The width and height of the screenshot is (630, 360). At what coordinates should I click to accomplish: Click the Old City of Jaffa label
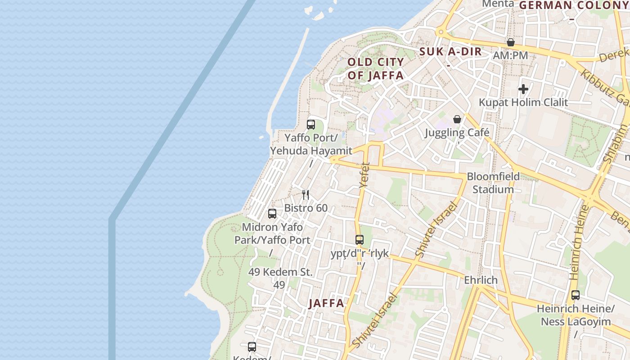[376, 69]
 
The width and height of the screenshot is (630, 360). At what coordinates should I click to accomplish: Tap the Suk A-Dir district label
[450, 52]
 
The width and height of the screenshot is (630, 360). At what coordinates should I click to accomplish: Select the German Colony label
[574, 5]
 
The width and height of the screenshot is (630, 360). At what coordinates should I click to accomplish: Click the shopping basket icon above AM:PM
[511, 42]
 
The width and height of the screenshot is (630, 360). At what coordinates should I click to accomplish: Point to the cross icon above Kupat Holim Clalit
[523, 89]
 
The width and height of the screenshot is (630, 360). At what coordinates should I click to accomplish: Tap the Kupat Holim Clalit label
[523, 102]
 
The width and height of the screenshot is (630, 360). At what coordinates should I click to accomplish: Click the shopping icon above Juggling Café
[457, 119]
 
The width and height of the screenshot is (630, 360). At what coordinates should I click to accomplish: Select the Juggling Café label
[457, 133]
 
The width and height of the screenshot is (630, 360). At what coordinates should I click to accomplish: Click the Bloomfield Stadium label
[493, 183]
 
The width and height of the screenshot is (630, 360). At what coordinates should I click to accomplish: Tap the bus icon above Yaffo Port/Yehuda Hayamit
[311, 125]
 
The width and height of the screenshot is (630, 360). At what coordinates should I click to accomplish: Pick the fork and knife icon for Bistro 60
[306, 194]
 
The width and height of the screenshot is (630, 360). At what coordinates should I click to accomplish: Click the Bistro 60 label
[306, 208]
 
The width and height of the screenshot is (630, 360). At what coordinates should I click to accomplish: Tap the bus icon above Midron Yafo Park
[272, 214]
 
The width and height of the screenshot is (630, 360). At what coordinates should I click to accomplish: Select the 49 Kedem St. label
[280, 272]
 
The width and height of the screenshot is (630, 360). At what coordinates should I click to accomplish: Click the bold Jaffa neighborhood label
[327, 303]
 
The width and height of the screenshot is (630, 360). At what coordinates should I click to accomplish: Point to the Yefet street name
[364, 175]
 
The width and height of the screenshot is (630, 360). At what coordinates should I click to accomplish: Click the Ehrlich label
[481, 280]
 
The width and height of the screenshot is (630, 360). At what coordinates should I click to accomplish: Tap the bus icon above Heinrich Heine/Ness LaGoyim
[576, 295]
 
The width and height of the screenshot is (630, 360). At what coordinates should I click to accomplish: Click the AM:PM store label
[510, 56]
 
